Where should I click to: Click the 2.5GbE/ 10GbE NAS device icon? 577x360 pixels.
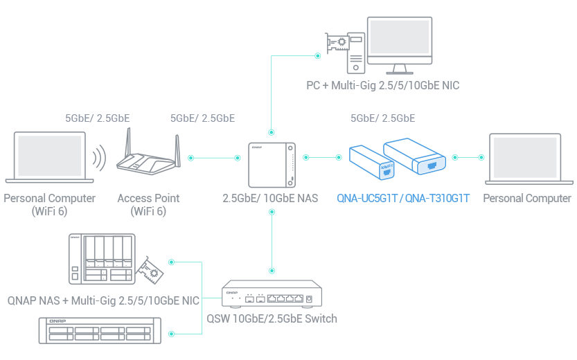(x=272, y=164)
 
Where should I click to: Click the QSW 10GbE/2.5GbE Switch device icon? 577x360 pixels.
(x=272, y=295)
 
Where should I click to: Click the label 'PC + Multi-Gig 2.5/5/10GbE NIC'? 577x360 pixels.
(x=383, y=86)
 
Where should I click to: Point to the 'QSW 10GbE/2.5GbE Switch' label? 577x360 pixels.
(x=272, y=318)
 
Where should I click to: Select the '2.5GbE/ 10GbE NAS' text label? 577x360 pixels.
(x=270, y=199)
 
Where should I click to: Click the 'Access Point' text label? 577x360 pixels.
(x=148, y=198)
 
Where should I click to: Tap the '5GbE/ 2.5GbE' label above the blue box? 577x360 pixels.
(x=383, y=118)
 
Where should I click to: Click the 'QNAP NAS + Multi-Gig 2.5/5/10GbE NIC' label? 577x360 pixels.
(x=103, y=300)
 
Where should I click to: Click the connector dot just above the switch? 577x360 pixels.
(x=272, y=271)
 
